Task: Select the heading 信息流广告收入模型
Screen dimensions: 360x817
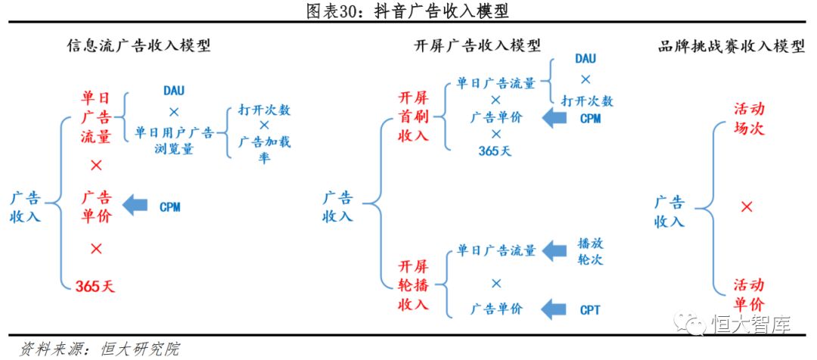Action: click(x=138, y=47)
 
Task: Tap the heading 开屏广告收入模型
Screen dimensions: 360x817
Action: click(x=478, y=47)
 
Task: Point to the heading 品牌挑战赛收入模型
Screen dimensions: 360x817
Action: click(x=731, y=47)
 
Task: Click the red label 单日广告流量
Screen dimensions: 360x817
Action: click(x=97, y=117)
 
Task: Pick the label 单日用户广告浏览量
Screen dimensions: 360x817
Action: click(x=174, y=141)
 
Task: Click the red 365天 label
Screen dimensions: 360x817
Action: click(x=95, y=286)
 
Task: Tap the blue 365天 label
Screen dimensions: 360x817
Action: click(x=495, y=150)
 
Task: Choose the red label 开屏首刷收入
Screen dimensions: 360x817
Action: click(x=414, y=117)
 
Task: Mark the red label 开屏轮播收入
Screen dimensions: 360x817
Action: click(x=414, y=286)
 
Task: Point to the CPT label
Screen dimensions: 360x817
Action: click(x=590, y=309)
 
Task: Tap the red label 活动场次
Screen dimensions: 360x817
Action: click(x=748, y=119)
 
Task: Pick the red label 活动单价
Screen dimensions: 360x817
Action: click(x=748, y=295)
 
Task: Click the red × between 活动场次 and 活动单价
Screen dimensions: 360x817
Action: click(x=747, y=206)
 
